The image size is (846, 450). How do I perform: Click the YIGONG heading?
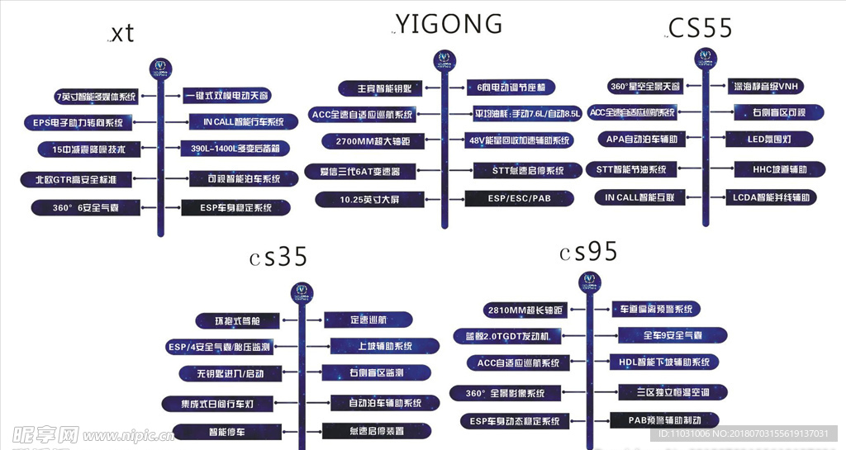[449, 23]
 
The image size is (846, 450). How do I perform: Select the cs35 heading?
[279, 258]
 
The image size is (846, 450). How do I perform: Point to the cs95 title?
[588, 252]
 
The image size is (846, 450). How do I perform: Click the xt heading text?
[121, 33]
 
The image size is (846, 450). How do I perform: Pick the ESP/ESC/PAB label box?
[519, 198]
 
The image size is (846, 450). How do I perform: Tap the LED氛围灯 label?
[768, 140]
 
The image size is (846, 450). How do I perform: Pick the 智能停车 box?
[216, 431]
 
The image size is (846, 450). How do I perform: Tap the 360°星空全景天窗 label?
[644, 86]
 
